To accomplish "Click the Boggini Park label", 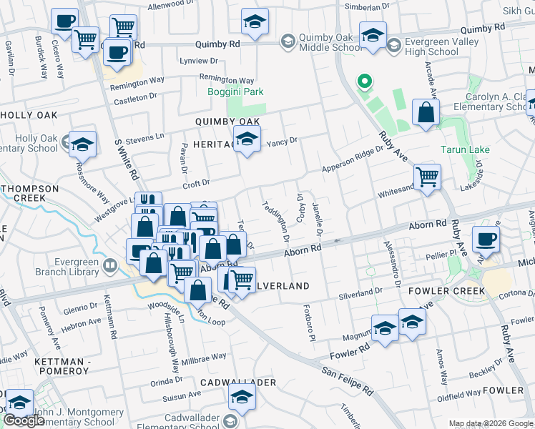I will click(x=235, y=92).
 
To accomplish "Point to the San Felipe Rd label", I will click(x=348, y=381).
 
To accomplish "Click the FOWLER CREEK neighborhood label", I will click(x=446, y=291).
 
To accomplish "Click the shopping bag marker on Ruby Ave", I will click(x=426, y=113).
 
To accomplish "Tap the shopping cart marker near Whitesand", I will click(x=427, y=177).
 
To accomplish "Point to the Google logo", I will click(x=24, y=420).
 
